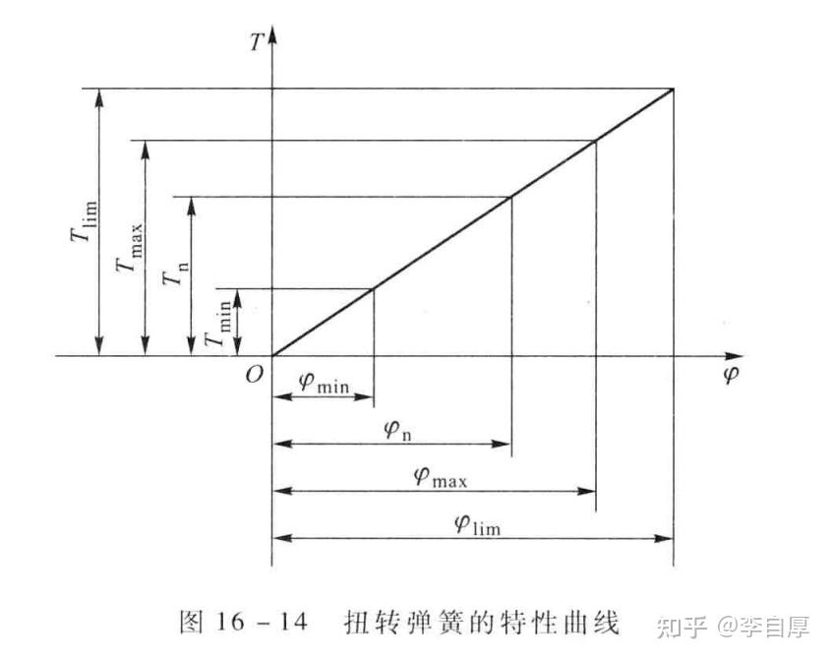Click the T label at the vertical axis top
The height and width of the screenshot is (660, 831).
(256, 42)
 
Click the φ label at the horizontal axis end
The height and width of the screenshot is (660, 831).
(730, 376)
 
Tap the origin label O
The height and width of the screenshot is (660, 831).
(254, 375)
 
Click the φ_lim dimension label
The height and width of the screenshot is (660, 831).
(477, 523)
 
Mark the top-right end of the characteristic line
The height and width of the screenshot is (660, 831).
(674, 89)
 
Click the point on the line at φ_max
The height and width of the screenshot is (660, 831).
(596, 140)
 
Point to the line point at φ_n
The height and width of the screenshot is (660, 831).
(511, 196)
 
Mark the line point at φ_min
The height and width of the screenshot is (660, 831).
(373, 288)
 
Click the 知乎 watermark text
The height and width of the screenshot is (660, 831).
(681, 625)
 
